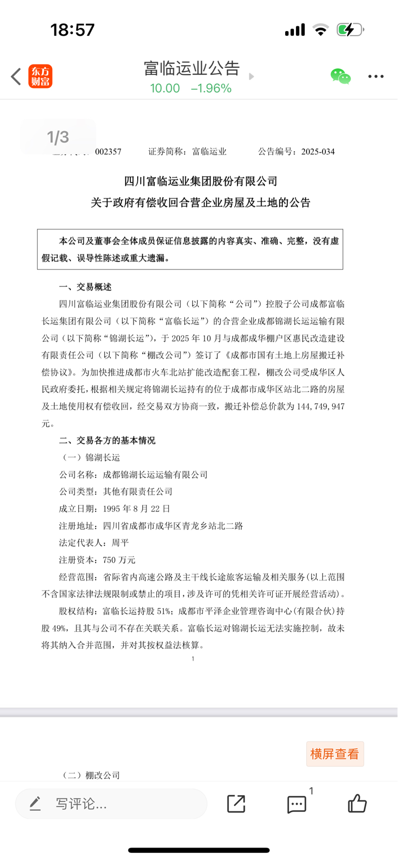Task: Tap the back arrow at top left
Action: point(16,77)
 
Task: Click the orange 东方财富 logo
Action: point(40,77)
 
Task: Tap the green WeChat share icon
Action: point(341,77)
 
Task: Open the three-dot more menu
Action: point(376,77)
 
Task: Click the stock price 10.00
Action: point(165,88)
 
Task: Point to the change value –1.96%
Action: point(211,88)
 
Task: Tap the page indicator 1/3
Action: point(58,137)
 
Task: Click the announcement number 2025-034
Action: point(318,152)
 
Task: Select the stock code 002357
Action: point(108,152)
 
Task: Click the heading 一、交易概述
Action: point(85,287)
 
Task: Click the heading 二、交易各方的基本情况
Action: point(107,441)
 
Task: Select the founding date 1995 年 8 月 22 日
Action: point(137,509)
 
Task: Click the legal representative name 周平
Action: point(120,543)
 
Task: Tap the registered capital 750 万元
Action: point(119,560)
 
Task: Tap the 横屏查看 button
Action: point(334,754)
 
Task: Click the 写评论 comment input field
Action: point(111,804)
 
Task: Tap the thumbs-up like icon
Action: point(357,804)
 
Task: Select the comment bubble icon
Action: point(297,804)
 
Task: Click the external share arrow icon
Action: point(236,804)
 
